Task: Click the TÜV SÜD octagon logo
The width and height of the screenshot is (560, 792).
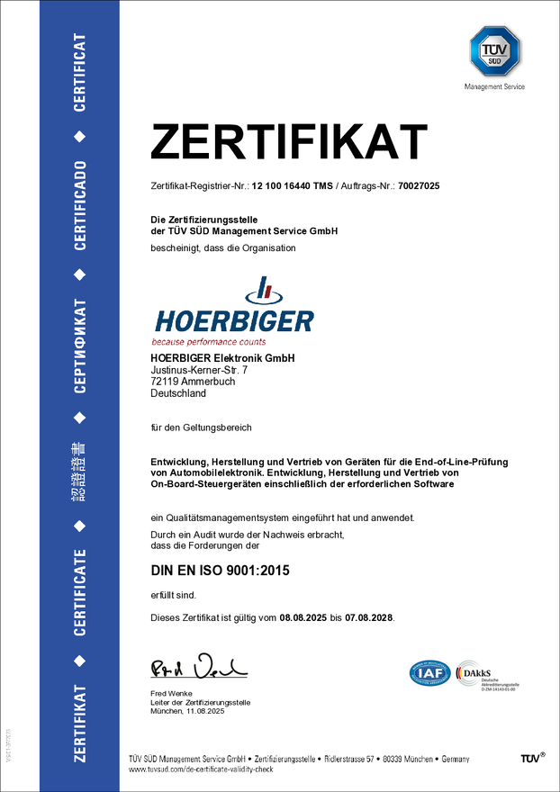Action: click(x=494, y=52)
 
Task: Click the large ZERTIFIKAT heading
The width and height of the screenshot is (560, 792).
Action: click(x=288, y=143)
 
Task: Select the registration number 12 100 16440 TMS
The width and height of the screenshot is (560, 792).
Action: click(x=293, y=185)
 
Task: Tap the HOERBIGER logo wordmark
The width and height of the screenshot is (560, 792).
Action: click(x=234, y=320)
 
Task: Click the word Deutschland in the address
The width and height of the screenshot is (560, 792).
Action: click(x=178, y=393)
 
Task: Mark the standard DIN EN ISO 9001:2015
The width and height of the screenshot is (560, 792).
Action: click(x=220, y=571)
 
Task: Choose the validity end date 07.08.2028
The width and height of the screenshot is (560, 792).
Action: click(x=369, y=619)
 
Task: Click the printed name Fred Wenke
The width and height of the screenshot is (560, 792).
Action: click(x=171, y=693)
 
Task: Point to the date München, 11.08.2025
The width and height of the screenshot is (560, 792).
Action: click(x=187, y=712)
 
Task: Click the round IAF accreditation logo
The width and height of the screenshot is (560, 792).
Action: click(x=429, y=673)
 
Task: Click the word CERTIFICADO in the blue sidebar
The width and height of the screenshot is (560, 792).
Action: click(x=80, y=205)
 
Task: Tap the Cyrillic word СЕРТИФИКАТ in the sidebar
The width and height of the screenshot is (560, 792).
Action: click(x=80, y=345)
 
